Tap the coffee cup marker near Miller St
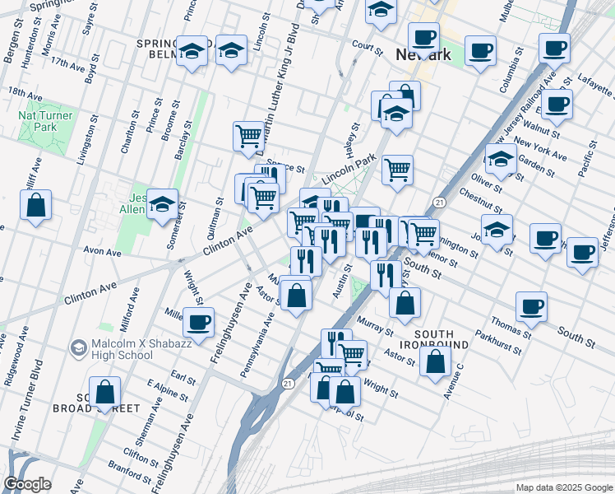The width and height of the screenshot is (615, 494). pos(197,322)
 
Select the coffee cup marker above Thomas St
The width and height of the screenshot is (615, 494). pos(531,307)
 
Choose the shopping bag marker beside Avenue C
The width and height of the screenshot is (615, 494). pos(435,360)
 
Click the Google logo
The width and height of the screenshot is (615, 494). pos(27,484)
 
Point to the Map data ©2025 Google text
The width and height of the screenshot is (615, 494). pos(563,487)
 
